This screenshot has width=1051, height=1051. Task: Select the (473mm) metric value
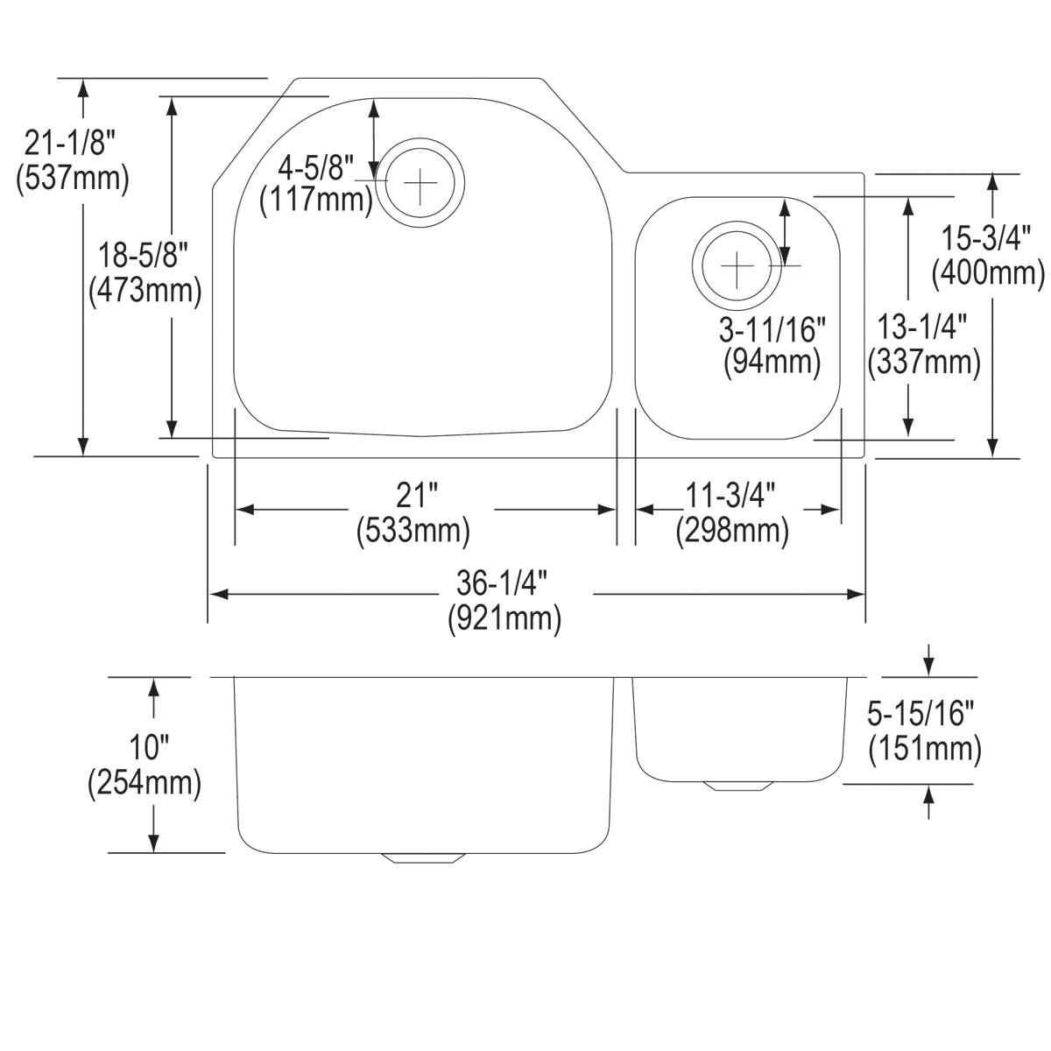point(145,290)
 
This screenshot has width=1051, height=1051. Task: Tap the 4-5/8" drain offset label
point(316,165)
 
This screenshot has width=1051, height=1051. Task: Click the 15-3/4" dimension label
point(988,237)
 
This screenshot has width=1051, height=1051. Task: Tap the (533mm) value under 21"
point(413,532)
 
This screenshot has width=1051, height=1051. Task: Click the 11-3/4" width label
point(731,497)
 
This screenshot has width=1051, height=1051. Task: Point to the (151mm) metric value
point(925,750)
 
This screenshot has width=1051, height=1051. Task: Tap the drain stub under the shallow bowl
point(738,786)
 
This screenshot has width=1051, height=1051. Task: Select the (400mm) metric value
point(988,273)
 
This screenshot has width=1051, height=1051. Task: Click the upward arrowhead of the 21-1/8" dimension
point(83,87)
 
